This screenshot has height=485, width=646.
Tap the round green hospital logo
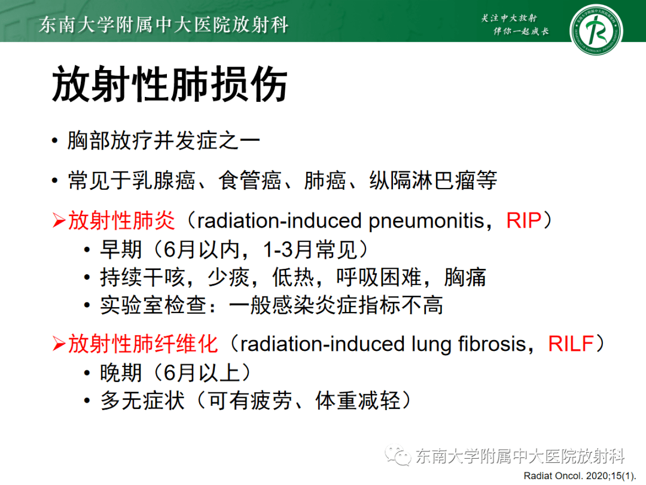[595, 30]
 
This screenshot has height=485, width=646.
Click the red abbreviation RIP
[523, 220]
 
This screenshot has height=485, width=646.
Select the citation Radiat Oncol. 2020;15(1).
[578, 476]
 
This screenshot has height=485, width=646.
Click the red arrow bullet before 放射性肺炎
[58, 222]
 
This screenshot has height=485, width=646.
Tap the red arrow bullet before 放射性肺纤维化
[58, 345]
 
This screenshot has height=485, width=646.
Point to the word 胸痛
[465, 277]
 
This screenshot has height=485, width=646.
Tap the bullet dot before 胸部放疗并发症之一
[55, 143]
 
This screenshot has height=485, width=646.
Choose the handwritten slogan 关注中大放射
[509, 18]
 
